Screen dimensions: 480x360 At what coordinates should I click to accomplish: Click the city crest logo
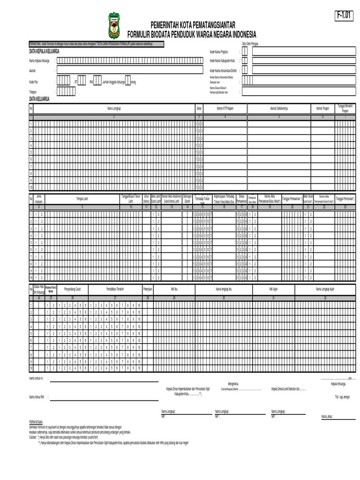click(x=114, y=26)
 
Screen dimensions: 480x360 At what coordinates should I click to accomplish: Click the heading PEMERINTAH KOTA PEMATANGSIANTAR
click(x=193, y=24)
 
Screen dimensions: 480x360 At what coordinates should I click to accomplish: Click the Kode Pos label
click(x=33, y=82)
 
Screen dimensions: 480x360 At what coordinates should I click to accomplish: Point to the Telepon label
click(x=33, y=92)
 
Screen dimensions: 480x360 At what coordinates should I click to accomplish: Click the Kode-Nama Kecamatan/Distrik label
click(x=223, y=70)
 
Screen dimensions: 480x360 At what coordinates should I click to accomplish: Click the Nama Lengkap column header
click(x=114, y=108)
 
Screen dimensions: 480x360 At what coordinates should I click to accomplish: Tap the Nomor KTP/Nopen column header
click(x=225, y=108)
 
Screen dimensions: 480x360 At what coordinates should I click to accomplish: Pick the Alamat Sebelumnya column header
click(x=278, y=108)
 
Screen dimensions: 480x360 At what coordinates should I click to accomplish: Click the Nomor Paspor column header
click(x=323, y=108)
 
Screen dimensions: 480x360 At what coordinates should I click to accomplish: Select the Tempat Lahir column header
click(x=82, y=199)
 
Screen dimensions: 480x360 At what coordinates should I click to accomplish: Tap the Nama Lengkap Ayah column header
click(x=325, y=290)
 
